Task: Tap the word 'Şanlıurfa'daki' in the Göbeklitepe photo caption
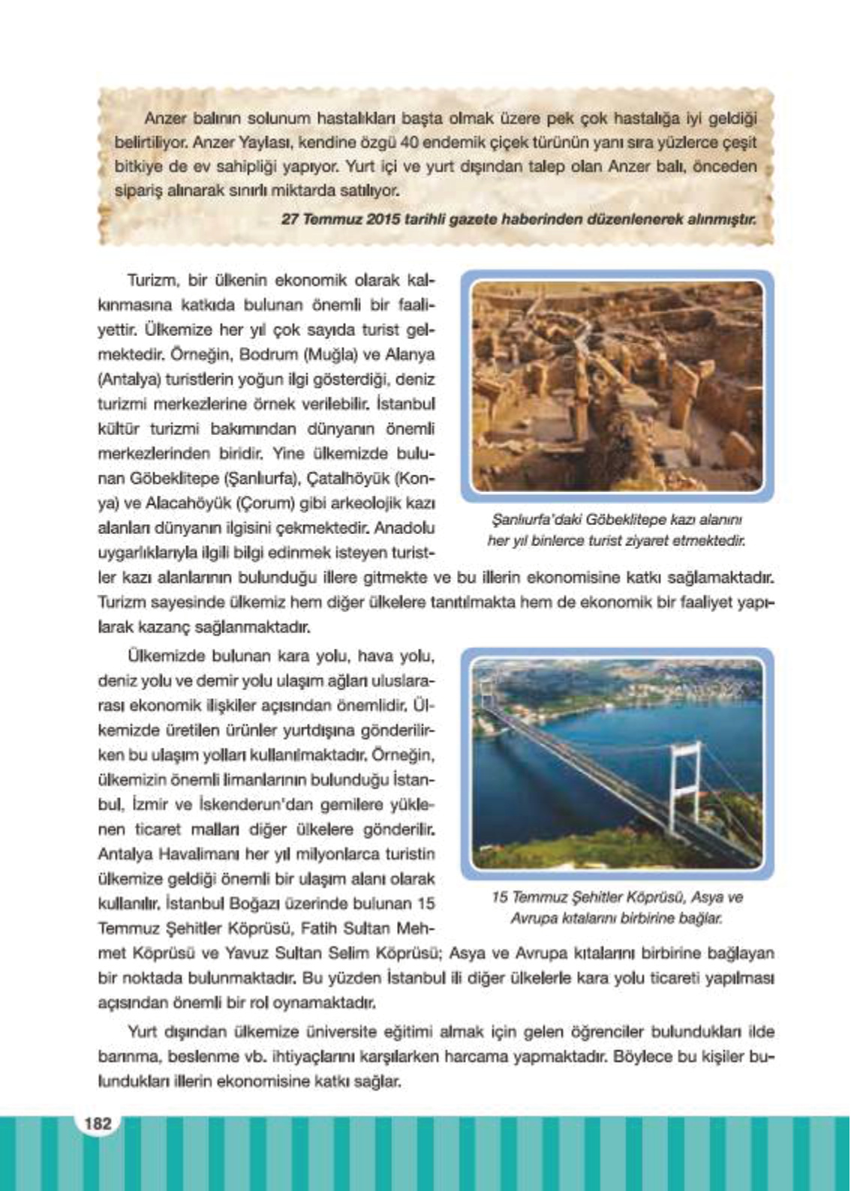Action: [537, 519]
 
